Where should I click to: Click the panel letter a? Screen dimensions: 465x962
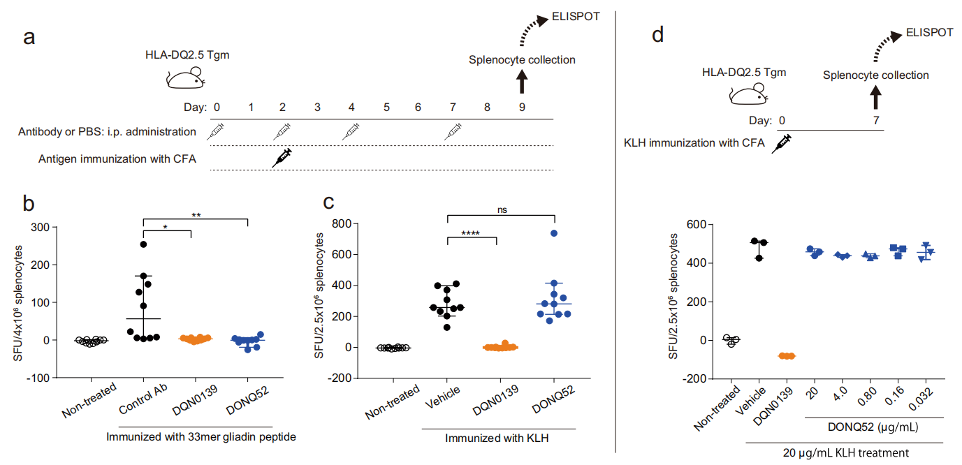29,37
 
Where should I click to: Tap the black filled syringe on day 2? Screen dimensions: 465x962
282,158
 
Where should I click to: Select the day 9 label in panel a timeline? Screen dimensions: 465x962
521,108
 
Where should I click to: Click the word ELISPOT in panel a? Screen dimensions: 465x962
576,16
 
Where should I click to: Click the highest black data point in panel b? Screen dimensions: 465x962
143,244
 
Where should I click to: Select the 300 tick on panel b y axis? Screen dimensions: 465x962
43,228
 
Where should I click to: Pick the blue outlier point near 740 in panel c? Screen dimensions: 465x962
554,234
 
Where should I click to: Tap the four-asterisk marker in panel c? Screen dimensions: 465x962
471,233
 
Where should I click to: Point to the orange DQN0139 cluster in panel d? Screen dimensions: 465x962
787,356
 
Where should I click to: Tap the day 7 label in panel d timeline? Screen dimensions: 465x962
875,120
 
